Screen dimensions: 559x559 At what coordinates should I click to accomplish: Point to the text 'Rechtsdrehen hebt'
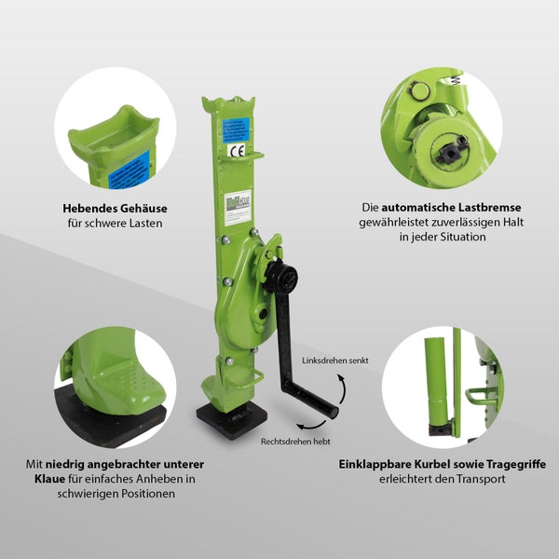295,441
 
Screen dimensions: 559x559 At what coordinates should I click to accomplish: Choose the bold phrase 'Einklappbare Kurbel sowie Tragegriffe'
455,464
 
